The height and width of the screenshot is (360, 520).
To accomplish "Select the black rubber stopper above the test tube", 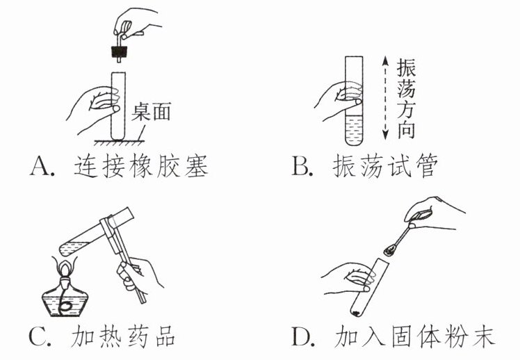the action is point(120,51).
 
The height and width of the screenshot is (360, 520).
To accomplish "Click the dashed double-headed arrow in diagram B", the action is point(384,97).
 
